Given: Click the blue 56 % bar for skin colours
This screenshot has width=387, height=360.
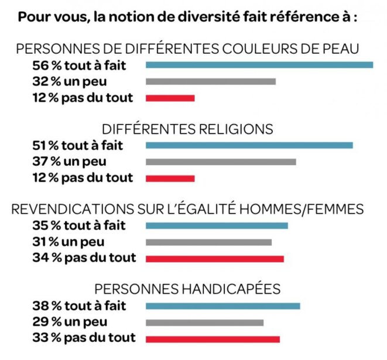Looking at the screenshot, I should pyautogui.click(x=259, y=65).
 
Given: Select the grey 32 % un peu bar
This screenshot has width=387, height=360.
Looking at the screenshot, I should pyautogui.click(x=210, y=81).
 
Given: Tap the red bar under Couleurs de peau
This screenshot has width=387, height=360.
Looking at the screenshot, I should pyautogui.click(x=170, y=98).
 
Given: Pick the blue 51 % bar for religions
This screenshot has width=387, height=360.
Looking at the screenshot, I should pyautogui.click(x=249, y=145).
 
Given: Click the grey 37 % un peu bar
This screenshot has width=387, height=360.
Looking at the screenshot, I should pyautogui.click(x=220, y=162).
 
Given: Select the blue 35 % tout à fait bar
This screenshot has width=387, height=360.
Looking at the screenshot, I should pyautogui.click(x=217, y=226).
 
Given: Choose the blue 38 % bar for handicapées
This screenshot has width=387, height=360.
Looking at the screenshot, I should pyautogui.click(x=222, y=306).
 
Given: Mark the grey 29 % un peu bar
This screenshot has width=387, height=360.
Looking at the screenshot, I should pyautogui.click(x=204, y=322).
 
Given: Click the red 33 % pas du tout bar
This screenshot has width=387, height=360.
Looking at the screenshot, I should pyautogui.click(x=213, y=338).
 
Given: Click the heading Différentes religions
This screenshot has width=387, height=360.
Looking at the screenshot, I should pyautogui.click(x=187, y=129).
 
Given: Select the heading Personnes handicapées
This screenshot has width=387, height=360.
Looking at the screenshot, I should pyautogui.click(x=187, y=289).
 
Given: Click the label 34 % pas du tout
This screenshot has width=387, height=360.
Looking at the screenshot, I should pyautogui.click(x=84, y=258).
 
